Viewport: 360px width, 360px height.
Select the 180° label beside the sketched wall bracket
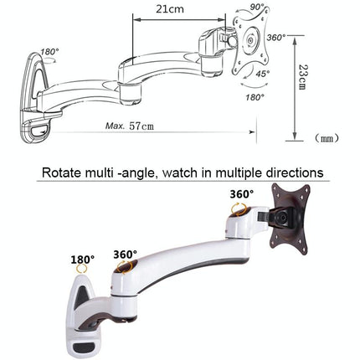(x=49, y=52)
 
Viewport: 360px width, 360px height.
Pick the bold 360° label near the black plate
(x=240, y=193)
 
